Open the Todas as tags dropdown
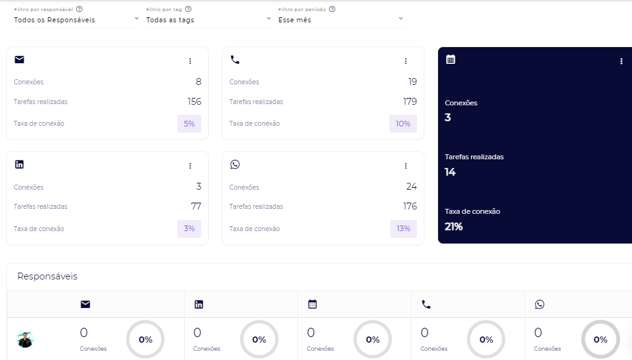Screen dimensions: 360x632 pyautogui.click(x=208, y=20)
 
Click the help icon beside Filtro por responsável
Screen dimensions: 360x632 pyautogui.click(x=79, y=9)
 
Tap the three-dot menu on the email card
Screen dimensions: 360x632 pyautogui.click(x=190, y=61)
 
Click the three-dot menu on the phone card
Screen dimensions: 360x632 pyautogui.click(x=406, y=61)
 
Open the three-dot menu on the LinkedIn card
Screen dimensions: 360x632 pyautogui.click(x=190, y=166)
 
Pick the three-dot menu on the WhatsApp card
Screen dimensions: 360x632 pyautogui.click(x=406, y=166)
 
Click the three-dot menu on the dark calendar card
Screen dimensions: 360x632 pyautogui.click(x=621, y=61)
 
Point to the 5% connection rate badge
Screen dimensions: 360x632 pyautogui.click(x=189, y=123)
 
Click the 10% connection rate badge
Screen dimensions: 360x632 pyautogui.click(x=403, y=123)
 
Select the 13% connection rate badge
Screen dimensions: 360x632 pyautogui.click(x=403, y=229)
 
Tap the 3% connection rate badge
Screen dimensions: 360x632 pyautogui.click(x=189, y=229)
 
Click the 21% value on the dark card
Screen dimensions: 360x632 pyautogui.click(x=454, y=227)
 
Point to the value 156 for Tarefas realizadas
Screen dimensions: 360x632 pyautogui.click(x=194, y=102)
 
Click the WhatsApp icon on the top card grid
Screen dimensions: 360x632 pyautogui.click(x=235, y=164)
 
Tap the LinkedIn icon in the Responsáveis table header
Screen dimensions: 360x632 pyautogui.click(x=199, y=304)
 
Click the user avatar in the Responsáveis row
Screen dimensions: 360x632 pyautogui.click(x=25, y=339)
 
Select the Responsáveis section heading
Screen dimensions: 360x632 pyautogui.click(x=47, y=276)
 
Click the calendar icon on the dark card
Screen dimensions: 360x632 pyautogui.click(x=451, y=59)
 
